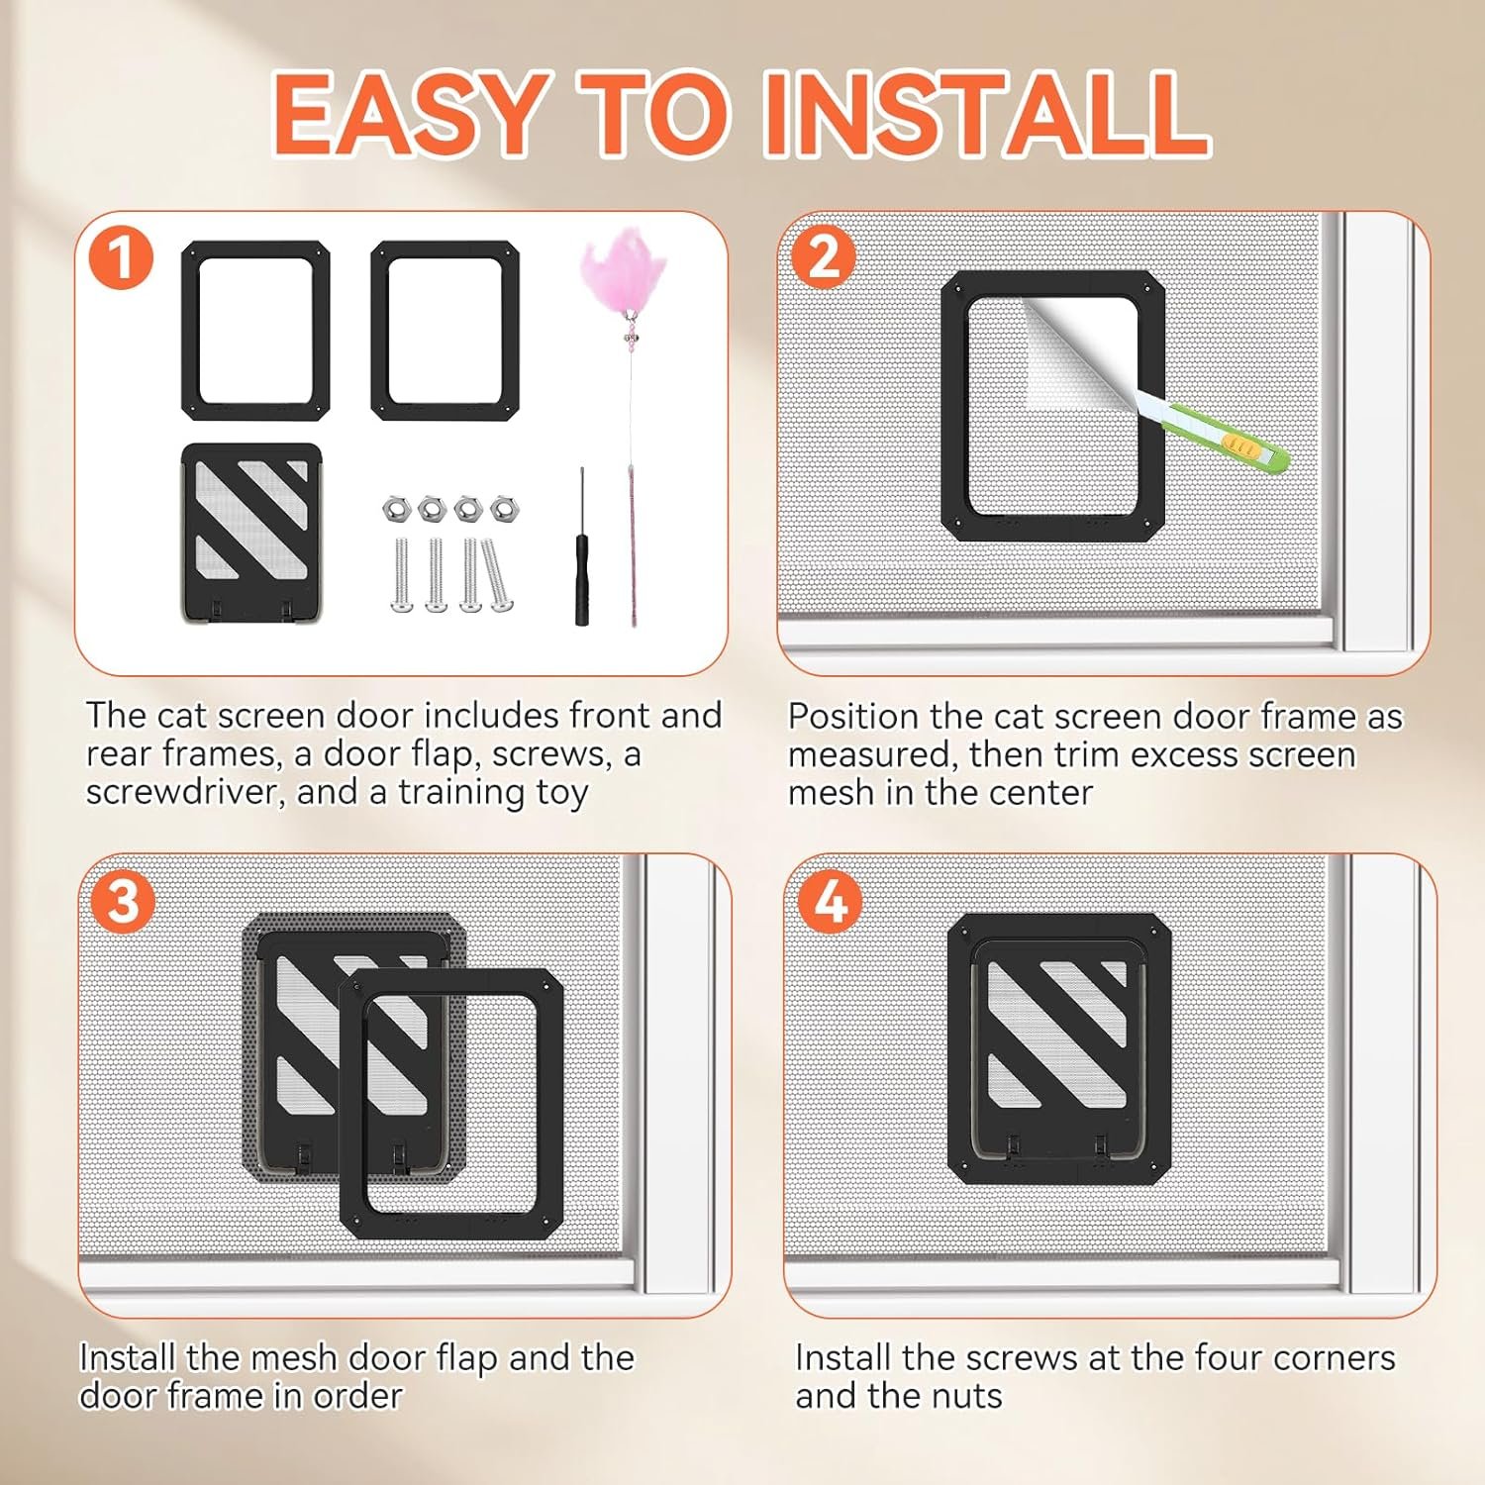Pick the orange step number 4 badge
pyautogui.click(x=830, y=902)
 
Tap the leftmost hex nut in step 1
pyautogui.click(x=395, y=509)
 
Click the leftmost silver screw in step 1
pyautogui.click(x=402, y=575)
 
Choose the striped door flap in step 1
pyautogui.click(x=251, y=533)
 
